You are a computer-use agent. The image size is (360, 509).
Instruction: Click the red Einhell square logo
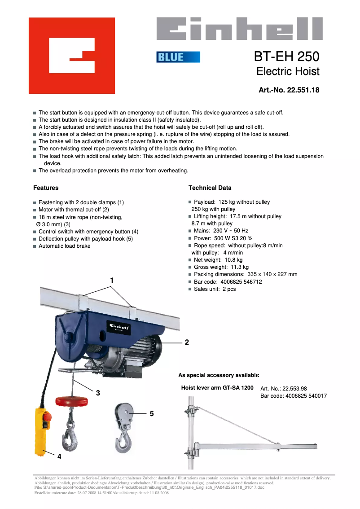click(72, 56)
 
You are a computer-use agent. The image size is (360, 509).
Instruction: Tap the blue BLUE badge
click(178, 57)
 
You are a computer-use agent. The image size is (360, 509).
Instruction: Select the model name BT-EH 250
click(286, 57)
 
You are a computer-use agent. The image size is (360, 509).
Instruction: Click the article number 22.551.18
click(303, 90)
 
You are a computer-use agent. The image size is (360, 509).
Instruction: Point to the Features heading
click(46, 188)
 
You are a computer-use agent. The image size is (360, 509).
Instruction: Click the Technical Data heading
click(210, 188)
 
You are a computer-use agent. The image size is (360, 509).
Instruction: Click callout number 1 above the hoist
click(112, 280)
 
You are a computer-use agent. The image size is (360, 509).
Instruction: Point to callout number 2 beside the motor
click(187, 342)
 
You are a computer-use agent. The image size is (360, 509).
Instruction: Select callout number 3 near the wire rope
click(98, 392)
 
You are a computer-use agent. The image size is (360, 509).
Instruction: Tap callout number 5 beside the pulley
click(152, 413)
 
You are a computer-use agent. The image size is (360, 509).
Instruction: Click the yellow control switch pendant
click(43, 431)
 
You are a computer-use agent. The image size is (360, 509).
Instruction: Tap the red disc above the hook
click(71, 400)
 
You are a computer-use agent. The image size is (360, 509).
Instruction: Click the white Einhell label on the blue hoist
click(118, 326)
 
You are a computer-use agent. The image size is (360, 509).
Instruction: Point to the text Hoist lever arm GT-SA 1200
click(217, 387)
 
